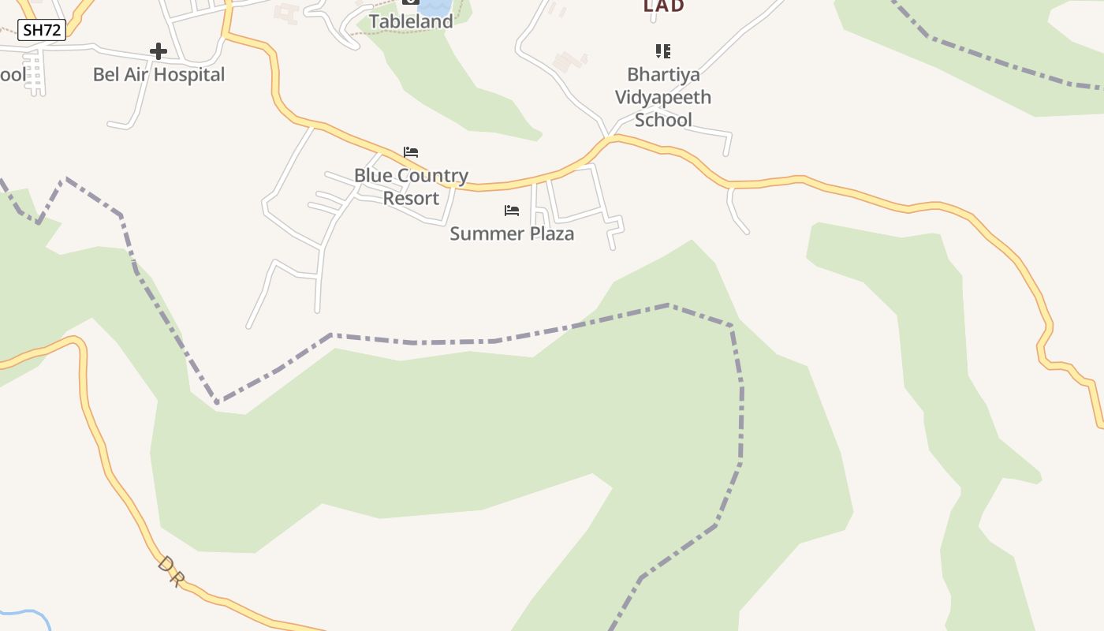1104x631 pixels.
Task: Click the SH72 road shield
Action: (x=42, y=30)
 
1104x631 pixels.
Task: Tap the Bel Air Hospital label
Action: (x=159, y=75)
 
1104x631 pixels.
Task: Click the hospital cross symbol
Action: (x=159, y=52)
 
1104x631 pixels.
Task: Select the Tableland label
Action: (x=411, y=22)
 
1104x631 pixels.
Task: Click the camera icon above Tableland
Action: (x=411, y=2)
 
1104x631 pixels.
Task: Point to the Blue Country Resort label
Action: (x=411, y=186)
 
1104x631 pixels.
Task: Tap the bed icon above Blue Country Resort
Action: (x=411, y=152)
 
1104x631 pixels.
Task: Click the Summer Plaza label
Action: (x=512, y=233)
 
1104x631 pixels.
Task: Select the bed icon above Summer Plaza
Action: (x=512, y=211)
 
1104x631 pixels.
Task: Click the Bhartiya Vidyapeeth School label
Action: (x=663, y=97)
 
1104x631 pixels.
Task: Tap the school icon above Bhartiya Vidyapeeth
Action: (x=663, y=52)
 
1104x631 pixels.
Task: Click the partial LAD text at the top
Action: (x=664, y=6)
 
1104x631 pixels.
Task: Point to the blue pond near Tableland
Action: (x=435, y=7)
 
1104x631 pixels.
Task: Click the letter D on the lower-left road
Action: (x=166, y=565)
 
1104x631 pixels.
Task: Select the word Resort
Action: (x=411, y=198)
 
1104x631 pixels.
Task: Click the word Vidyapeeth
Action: (x=663, y=97)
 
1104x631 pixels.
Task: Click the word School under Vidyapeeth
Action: (x=663, y=120)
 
